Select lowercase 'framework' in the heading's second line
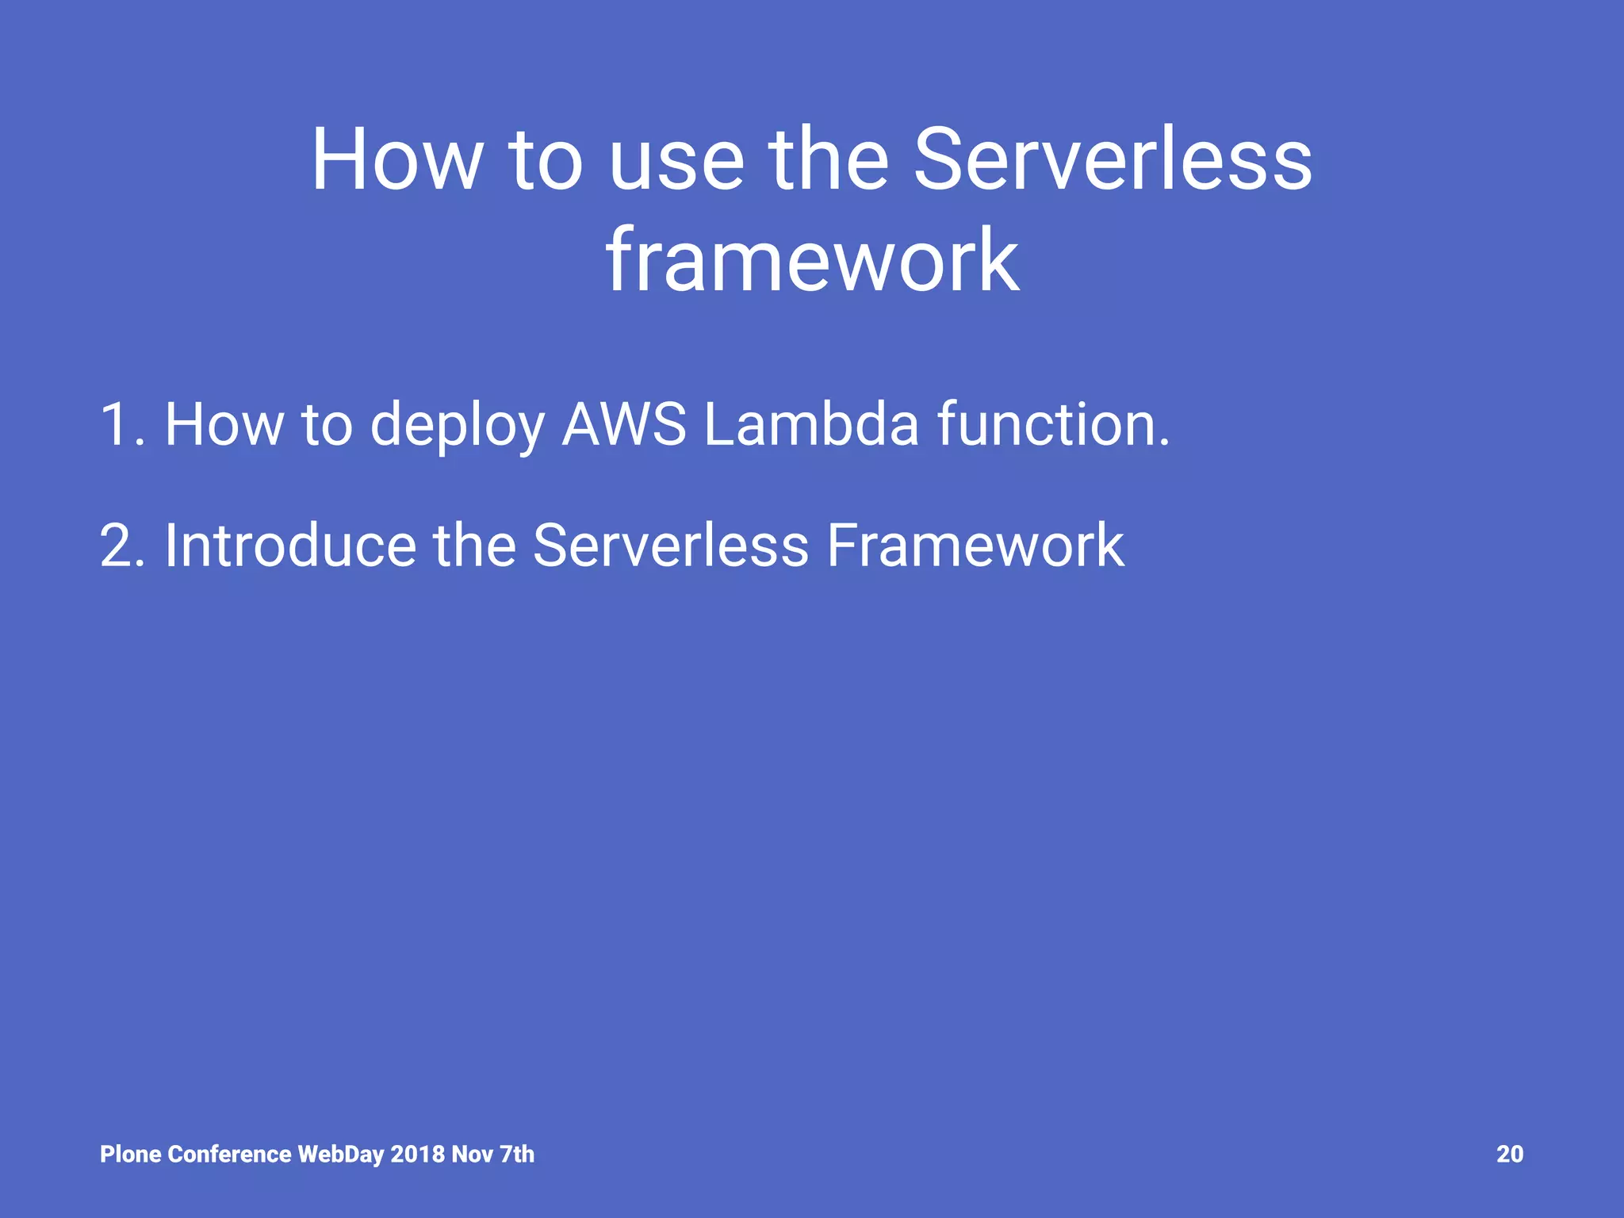point(812,262)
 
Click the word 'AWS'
point(624,425)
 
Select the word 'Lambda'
point(811,425)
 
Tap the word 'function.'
point(1053,425)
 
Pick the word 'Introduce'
point(289,546)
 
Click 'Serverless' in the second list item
point(670,546)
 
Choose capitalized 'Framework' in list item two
point(975,546)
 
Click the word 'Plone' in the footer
point(131,1155)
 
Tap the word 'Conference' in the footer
point(230,1155)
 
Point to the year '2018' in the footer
point(418,1155)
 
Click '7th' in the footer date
point(517,1155)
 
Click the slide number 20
point(1509,1155)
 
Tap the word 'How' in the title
point(396,163)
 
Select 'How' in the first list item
point(224,425)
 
